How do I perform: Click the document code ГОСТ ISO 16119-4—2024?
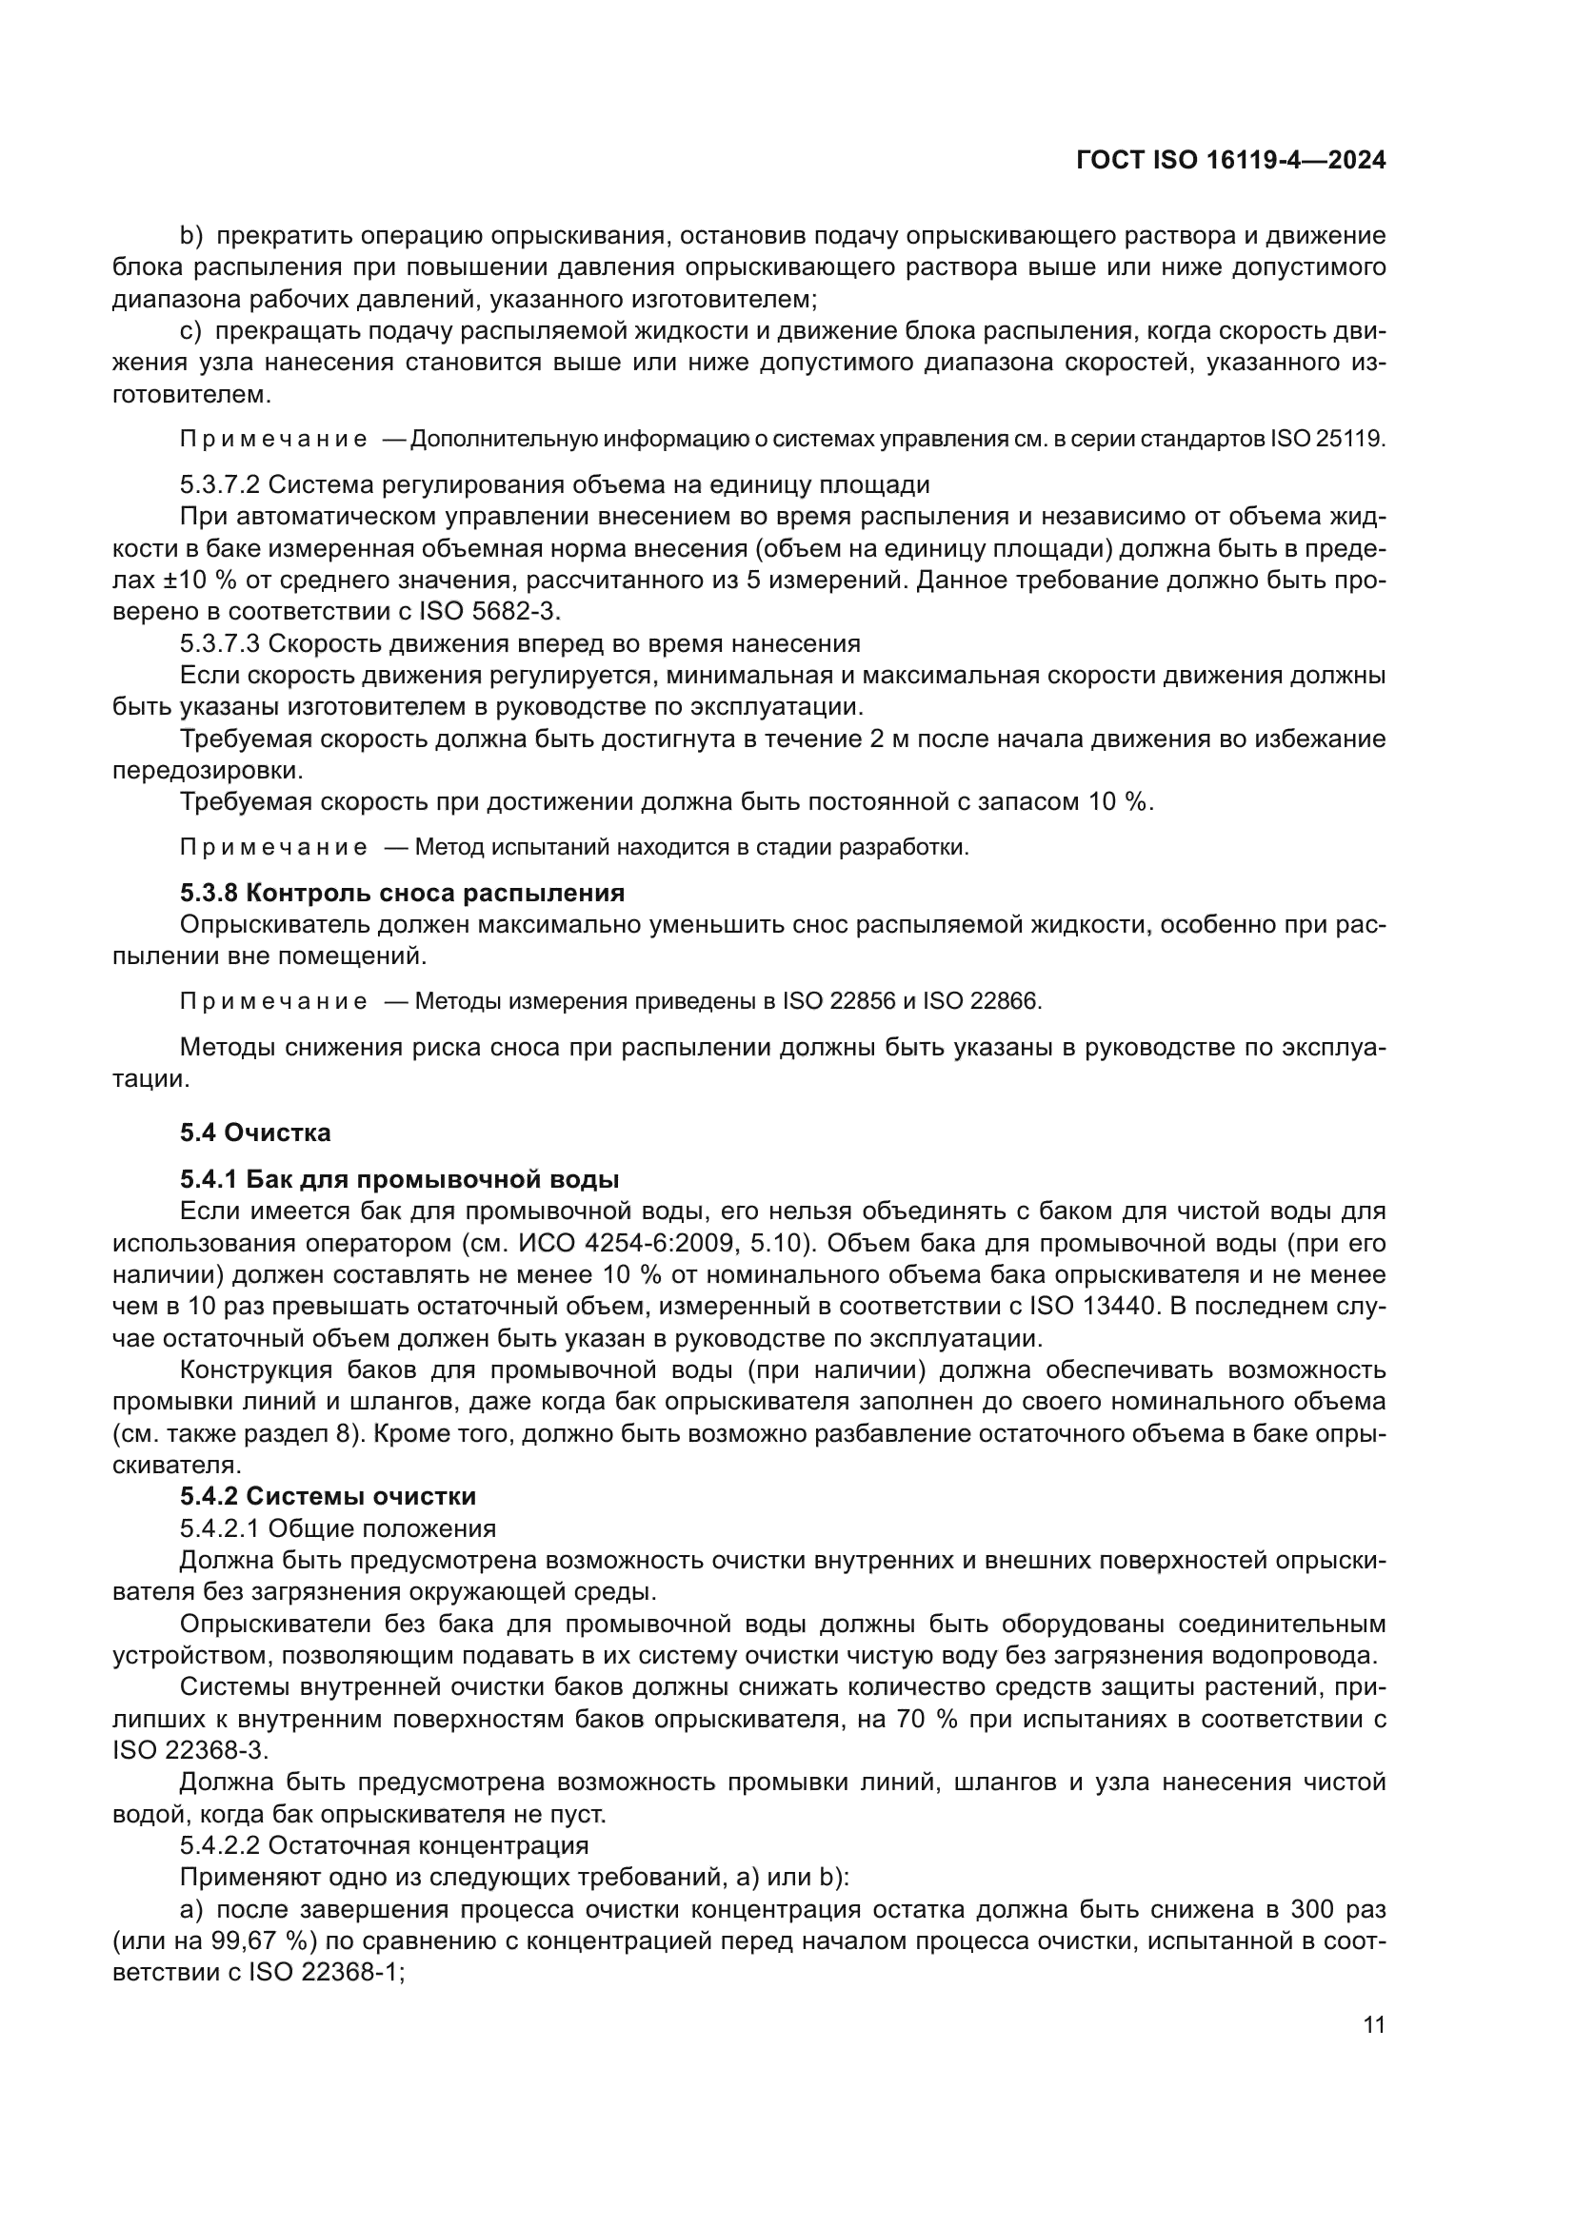pos(1229,161)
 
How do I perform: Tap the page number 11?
pos(1374,2025)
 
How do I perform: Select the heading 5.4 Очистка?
pos(255,1133)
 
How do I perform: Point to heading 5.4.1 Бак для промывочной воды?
pos(399,1179)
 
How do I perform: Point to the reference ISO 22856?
pos(839,1001)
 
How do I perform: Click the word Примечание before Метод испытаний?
pos(273,847)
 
